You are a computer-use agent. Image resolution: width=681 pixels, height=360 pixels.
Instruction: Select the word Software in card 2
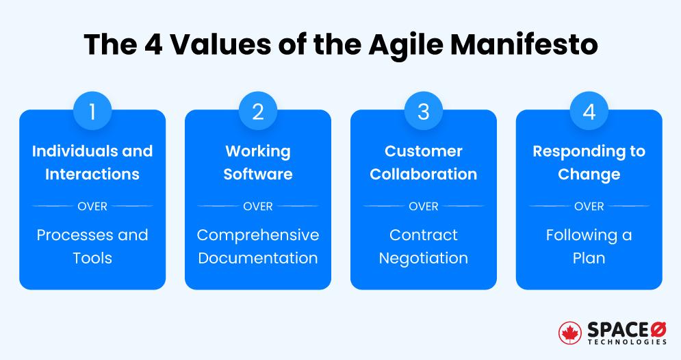point(258,174)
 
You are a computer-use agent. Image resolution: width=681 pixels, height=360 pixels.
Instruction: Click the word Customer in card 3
point(424,151)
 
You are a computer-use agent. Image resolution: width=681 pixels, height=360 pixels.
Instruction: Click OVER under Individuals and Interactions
point(92,206)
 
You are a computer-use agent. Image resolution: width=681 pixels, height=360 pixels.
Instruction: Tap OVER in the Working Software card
point(258,206)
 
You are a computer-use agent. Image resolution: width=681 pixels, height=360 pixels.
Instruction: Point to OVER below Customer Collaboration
point(424,206)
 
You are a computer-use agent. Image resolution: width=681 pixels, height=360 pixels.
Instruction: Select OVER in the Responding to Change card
point(589,206)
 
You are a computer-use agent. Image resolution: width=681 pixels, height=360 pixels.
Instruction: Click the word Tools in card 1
point(92,258)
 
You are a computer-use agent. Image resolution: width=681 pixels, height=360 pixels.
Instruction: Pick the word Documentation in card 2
point(258,258)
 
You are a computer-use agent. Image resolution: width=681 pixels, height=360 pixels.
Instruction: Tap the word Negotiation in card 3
point(424,258)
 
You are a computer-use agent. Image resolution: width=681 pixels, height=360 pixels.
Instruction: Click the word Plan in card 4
point(589,258)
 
